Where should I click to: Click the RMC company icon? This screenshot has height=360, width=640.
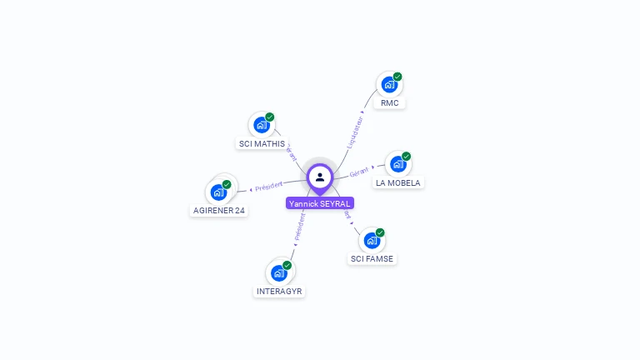tap(388, 84)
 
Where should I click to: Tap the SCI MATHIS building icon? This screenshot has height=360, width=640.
tap(262, 125)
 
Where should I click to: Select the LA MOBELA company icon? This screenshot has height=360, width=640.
tap(397, 164)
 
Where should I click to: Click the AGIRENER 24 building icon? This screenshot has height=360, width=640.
tap(218, 192)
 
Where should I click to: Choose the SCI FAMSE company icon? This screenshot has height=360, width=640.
tap(372, 241)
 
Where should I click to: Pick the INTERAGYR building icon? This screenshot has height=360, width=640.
tap(278, 272)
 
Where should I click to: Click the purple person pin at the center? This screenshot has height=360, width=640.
tap(320, 177)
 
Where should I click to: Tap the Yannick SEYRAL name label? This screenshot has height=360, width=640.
tap(320, 203)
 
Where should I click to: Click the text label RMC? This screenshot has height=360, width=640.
tap(389, 103)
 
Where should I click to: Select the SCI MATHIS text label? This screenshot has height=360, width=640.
tap(262, 144)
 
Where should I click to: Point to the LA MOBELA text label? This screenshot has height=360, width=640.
tap(398, 183)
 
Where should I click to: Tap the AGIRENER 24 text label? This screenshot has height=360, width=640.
tap(219, 211)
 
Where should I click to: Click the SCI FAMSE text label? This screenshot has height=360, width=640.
tap(372, 259)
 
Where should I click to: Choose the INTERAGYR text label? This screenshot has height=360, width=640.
tap(280, 292)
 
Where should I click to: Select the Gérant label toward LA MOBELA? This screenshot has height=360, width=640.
tap(359, 172)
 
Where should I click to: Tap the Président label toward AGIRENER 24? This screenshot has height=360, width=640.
tap(269, 186)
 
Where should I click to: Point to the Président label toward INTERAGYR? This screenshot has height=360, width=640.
tap(300, 227)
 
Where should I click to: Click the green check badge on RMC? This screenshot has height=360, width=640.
tap(397, 77)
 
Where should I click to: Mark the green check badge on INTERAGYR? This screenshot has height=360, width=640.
tap(287, 265)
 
